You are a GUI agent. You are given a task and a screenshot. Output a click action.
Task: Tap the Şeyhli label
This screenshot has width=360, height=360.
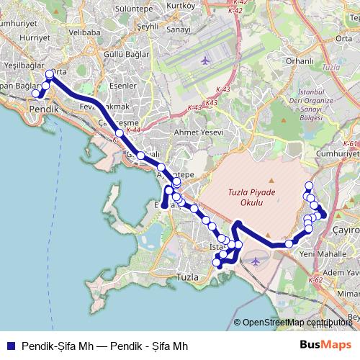(147, 26)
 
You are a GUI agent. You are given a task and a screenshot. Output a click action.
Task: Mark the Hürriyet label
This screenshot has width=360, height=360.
(35, 37)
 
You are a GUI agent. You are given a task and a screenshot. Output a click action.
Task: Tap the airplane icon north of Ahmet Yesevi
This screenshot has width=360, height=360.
(206, 60)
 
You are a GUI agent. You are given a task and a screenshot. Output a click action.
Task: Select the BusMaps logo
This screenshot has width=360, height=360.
(325, 344)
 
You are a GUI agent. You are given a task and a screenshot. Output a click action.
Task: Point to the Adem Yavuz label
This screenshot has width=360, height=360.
(342, 274)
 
